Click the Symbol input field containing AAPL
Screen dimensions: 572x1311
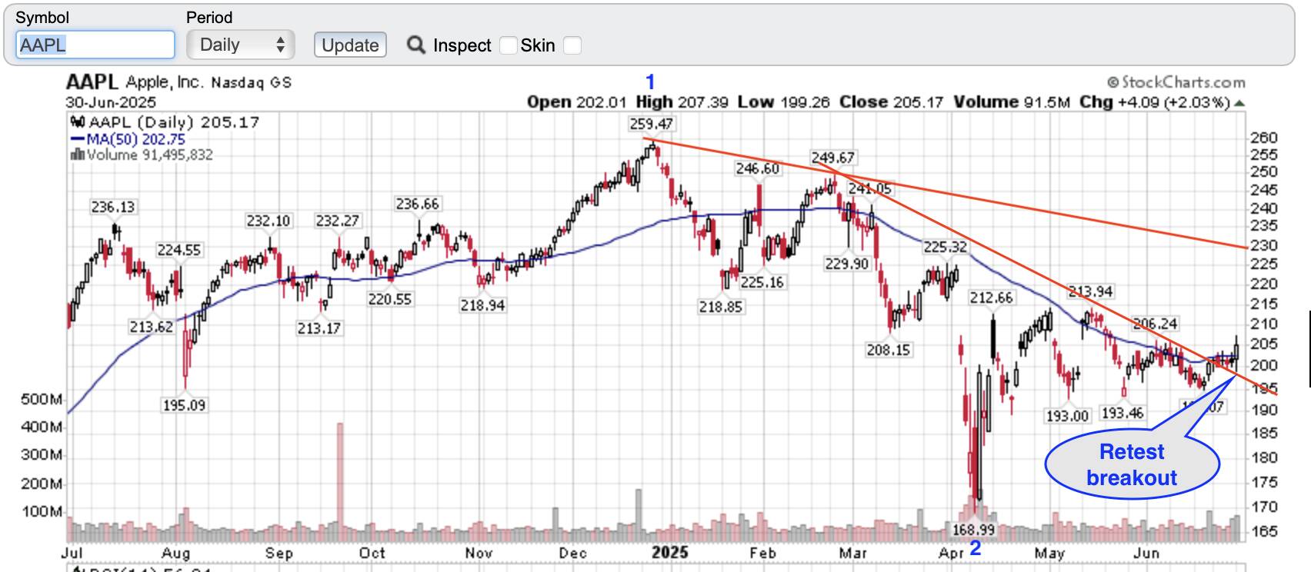[95, 45]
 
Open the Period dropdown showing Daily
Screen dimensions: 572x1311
[240, 45]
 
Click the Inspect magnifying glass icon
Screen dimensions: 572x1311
[416, 45]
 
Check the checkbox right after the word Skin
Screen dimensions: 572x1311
[572, 45]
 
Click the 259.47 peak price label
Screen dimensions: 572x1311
[651, 124]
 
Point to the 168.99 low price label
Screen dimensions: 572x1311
[973, 530]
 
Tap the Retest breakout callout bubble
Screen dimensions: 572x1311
[1132, 464]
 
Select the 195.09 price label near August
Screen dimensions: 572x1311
[184, 405]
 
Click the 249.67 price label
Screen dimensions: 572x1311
[832, 158]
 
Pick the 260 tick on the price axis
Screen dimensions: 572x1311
[1264, 138]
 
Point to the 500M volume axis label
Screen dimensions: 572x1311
[42, 400]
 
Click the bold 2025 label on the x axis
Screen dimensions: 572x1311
[669, 553]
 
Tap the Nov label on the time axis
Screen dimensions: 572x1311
[479, 553]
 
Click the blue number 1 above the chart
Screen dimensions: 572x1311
[650, 81]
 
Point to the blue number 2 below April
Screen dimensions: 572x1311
[976, 548]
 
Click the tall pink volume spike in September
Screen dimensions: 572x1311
[340, 473]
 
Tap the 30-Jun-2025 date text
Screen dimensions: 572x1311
[111, 102]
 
